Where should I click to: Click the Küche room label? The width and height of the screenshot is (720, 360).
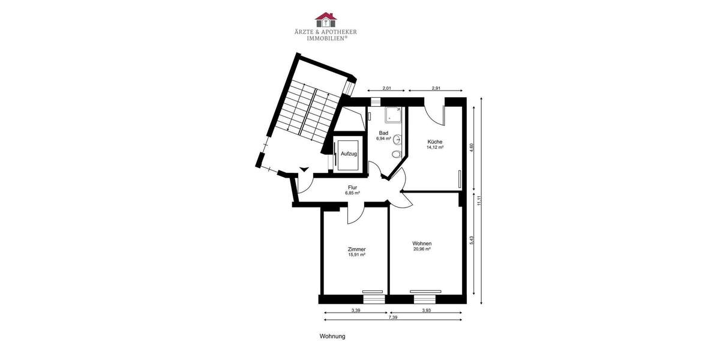[435, 142]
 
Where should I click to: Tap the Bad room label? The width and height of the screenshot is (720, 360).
[383, 133]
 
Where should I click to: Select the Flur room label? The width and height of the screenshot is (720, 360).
[352, 187]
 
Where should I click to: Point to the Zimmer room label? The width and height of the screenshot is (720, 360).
[356, 249]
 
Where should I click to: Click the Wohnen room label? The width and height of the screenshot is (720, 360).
[422, 243]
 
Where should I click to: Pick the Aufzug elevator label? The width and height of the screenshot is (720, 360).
[349, 154]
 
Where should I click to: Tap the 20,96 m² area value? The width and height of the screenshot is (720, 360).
[422, 249]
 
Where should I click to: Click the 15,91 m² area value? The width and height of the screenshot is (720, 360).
[356, 254]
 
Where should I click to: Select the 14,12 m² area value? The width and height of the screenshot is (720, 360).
[435, 147]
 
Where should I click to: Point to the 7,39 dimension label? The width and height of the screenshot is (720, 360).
[392, 317]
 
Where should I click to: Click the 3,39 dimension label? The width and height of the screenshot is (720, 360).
[356, 310]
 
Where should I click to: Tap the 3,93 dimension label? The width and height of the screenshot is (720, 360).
[426, 310]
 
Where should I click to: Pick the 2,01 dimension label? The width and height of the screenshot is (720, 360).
[387, 89]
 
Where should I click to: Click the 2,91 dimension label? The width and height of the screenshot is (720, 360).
[436, 89]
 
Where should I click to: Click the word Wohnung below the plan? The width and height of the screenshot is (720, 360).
[332, 337]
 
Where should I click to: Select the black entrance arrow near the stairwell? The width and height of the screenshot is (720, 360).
[305, 170]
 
